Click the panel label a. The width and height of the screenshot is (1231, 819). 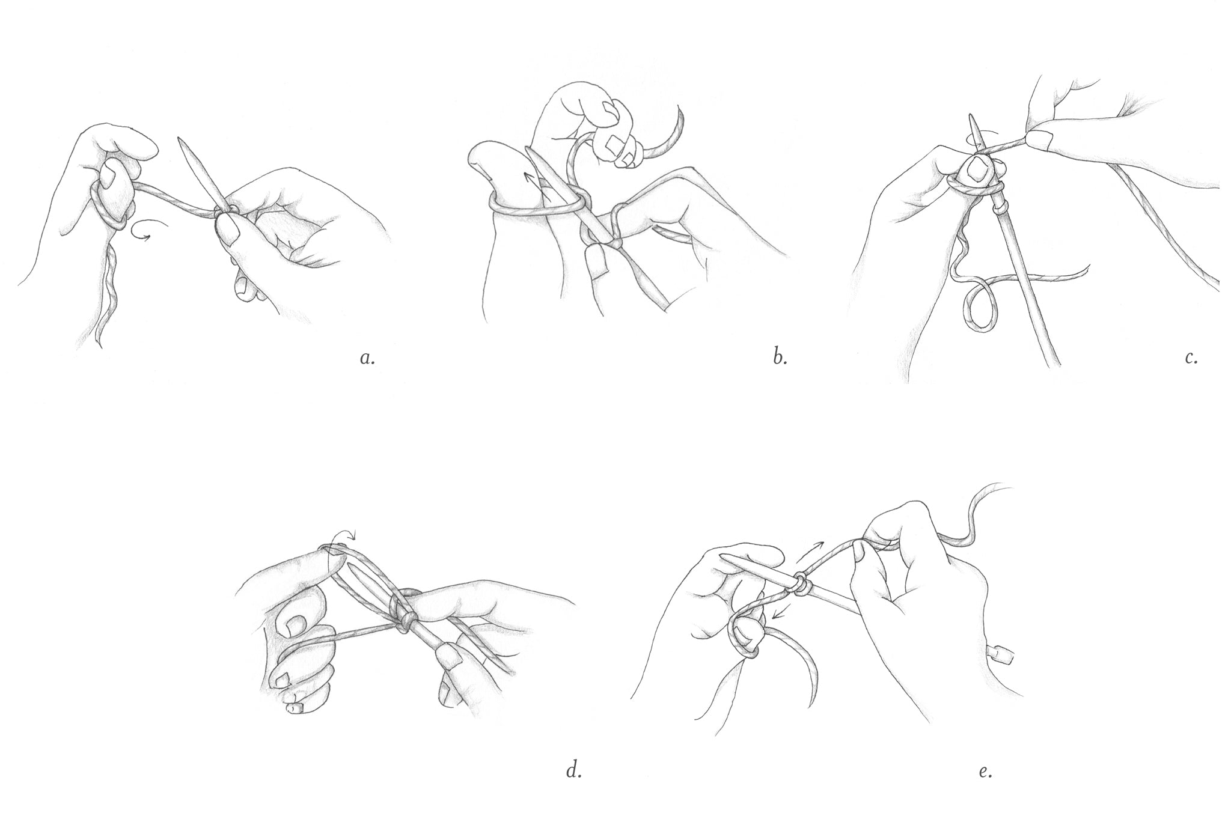(367, 359)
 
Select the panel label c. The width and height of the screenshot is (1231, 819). (1192, 359)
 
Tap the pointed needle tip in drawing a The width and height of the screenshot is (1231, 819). (182, 140)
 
